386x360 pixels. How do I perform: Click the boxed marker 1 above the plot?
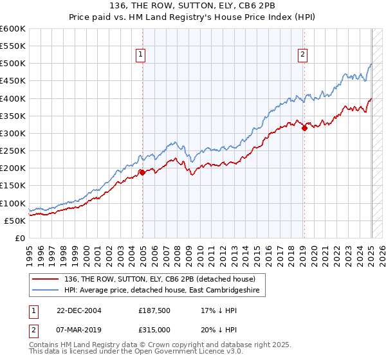(140, 55)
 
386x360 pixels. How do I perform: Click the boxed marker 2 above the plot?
(302, 55)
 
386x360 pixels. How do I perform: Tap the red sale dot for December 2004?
(142, 172)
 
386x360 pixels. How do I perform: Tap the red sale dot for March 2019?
(304, 128)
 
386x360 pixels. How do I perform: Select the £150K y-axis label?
(13, 186)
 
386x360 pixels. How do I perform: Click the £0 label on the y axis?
(19, 238)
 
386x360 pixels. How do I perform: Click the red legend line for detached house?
(46, 279)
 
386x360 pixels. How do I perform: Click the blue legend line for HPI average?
(46, 291)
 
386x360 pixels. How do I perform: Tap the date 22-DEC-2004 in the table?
(78, 310)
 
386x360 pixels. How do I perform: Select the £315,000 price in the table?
(153, 329)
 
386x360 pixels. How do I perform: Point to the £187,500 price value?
(153, 310)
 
